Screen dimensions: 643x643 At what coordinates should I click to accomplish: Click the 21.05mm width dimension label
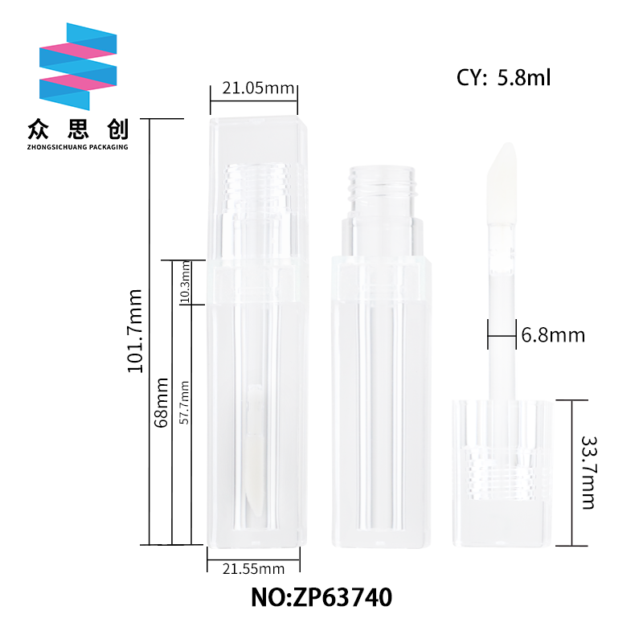pyautogui.click(x=258, y=88)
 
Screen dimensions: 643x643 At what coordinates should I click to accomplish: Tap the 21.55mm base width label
pyautogui.click(x=253, y=569)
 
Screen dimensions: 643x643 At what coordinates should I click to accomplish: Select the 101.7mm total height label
pyautogui.click(x=135, y=331)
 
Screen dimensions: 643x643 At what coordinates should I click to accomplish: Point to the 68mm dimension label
pyautogui.click(x=162, y=403)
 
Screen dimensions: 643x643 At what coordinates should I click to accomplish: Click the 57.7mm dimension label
pyautogui.click(x=185, y=403)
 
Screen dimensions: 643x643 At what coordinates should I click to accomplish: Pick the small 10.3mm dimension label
pyautogui.click(x=185, y=282)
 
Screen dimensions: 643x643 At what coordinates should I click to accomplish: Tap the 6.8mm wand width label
pyautogui.click(x=553, y=335)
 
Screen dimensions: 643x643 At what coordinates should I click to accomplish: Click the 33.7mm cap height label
pyautogui.click(x=588, y=473)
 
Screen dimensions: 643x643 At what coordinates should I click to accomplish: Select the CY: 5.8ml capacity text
pyautogui.click(x=503, y=77)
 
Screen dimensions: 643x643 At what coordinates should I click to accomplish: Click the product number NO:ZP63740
pyautogui.click(x=321, y=597)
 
